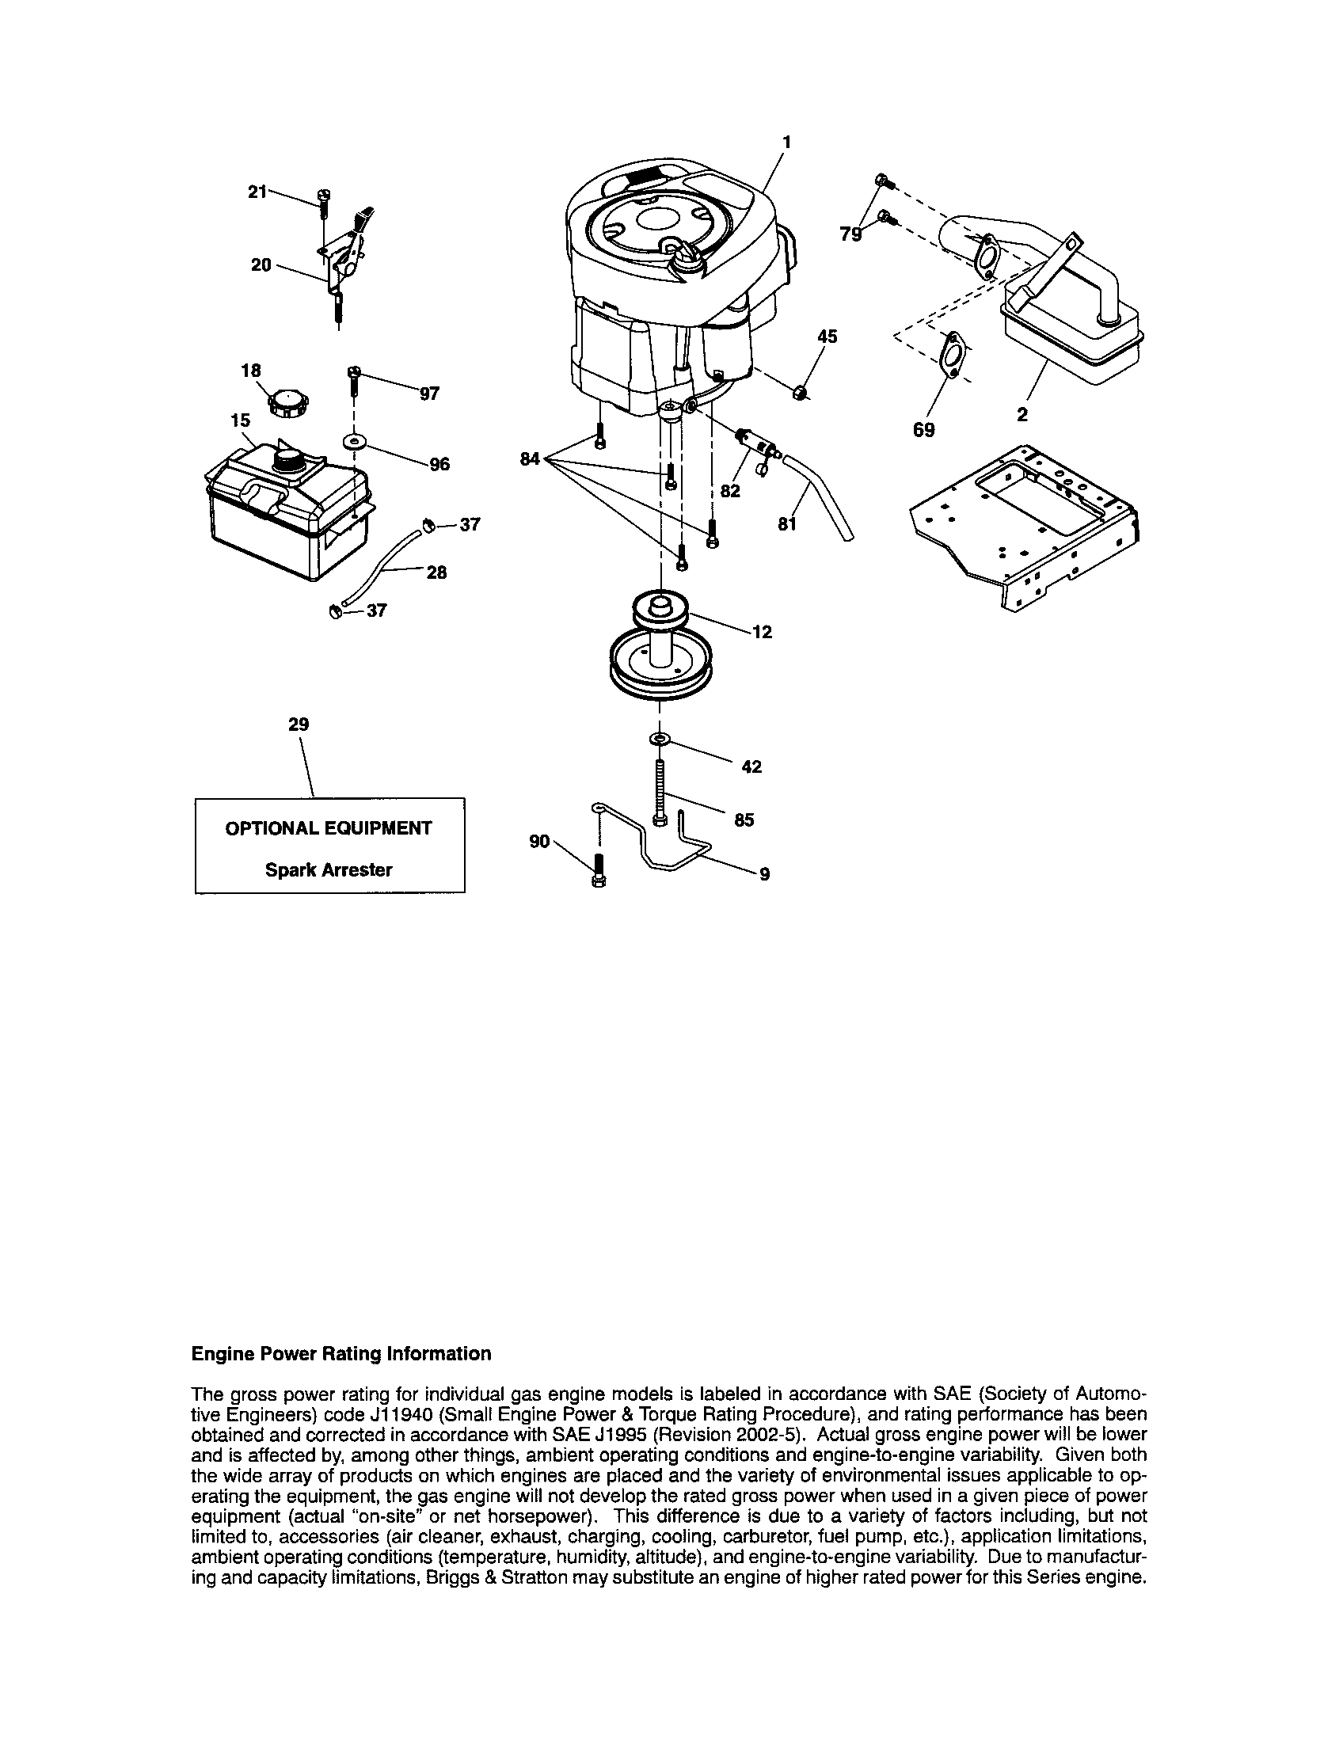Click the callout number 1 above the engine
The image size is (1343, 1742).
pyautogui.click(x=786, y=142)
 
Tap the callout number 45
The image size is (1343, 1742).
pyautogui.click(x=827, y=337)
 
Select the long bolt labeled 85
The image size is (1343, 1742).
pyautogui.click(x=660, y=792)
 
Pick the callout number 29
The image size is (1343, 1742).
pyautogui.click(x=299, y=725)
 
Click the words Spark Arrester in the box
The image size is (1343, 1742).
pyautogui.click(x=329, y=870)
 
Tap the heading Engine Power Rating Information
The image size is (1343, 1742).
pyautogui.click(x=341, y=1354)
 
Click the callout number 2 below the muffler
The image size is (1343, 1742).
pyautogui.click(x=1022, y=415)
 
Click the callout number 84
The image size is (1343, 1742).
pyautogui.click(x=531, y=458)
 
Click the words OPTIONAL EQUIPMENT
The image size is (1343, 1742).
pyautogui.click(x=329, y=828)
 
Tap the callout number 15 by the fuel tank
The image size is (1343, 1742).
pyautogui.click(x=241, y=420)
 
